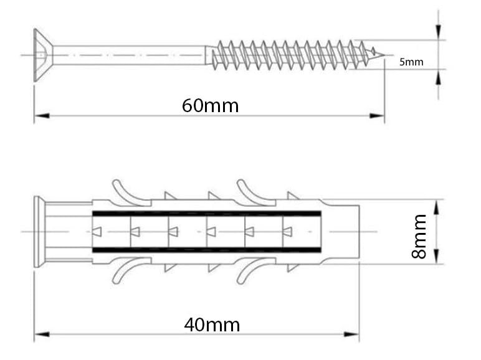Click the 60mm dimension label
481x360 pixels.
(210, 106)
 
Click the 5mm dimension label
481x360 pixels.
(411, 62)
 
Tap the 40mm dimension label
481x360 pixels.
(212, 325)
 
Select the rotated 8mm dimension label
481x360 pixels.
(419, 237)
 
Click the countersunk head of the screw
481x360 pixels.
(42, 55)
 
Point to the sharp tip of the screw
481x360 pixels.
(384, 55)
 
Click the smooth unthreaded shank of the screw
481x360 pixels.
(129, 55)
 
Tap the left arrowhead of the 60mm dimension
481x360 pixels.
(42, 116)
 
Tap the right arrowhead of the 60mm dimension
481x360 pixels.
(377, 116)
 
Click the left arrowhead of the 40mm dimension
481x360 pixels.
(42, 334)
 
